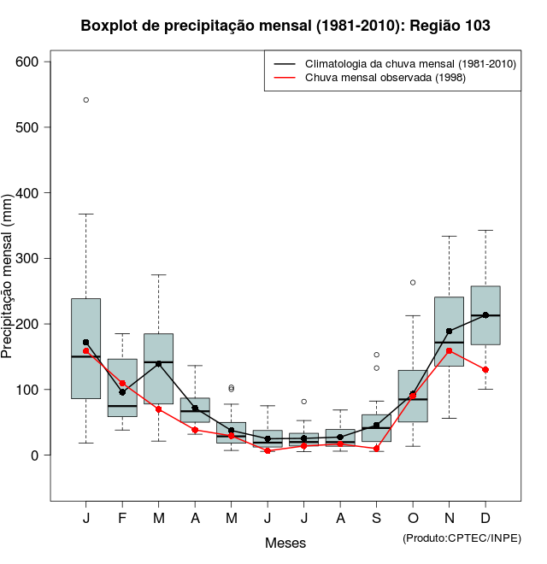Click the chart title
(285, 26)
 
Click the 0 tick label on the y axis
(35, 455)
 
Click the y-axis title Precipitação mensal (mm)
(9, 286)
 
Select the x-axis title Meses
(285, 543)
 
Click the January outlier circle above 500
(86, 100)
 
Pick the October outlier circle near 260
(413, 282)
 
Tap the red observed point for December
(485, 369)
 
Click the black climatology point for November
(450, 331)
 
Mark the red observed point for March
(159, 409)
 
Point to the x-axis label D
(485, 520)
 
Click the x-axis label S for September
(377, 520)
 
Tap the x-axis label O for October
(413, 520)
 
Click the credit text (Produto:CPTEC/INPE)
(462, 538)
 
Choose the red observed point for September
(377, 448)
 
